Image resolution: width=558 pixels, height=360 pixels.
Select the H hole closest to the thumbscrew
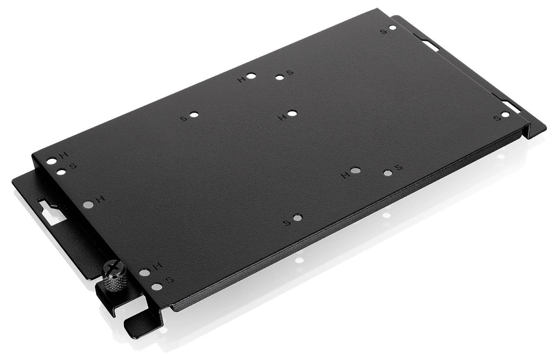(x=144, y=273)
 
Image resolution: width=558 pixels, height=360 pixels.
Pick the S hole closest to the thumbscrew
(x=157, y=287)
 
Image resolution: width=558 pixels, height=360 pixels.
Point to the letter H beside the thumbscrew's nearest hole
(x=158, y=266)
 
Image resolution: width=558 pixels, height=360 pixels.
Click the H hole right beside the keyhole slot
(x=88, y=204)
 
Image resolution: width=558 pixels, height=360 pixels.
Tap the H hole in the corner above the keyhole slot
(x=52, y=161)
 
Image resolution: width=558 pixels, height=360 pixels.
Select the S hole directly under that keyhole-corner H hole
(x=61, y=172)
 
